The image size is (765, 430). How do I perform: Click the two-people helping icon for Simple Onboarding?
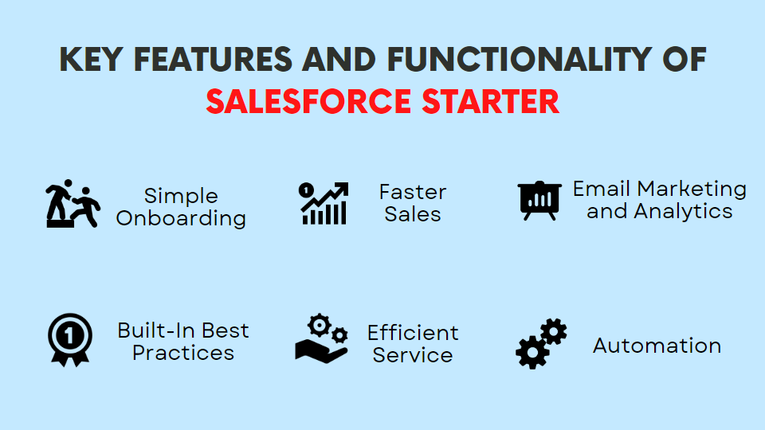pos(72,204)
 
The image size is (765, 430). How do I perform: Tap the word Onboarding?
pos(181,218)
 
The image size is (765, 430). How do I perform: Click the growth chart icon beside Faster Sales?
pos(324,203)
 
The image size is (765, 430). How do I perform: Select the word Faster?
pos(412,192)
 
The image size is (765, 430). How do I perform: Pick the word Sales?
pos(412,214)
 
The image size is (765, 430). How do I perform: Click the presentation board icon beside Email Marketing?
pos(539,200)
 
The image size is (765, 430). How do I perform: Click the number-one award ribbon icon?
pos(69,340)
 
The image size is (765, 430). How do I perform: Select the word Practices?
pos(183,353)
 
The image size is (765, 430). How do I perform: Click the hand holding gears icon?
pos(322,338)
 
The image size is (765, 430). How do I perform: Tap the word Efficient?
pos(413,332)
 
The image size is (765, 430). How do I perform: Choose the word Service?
pos(413,355)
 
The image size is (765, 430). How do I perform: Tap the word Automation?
pos(657,346)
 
